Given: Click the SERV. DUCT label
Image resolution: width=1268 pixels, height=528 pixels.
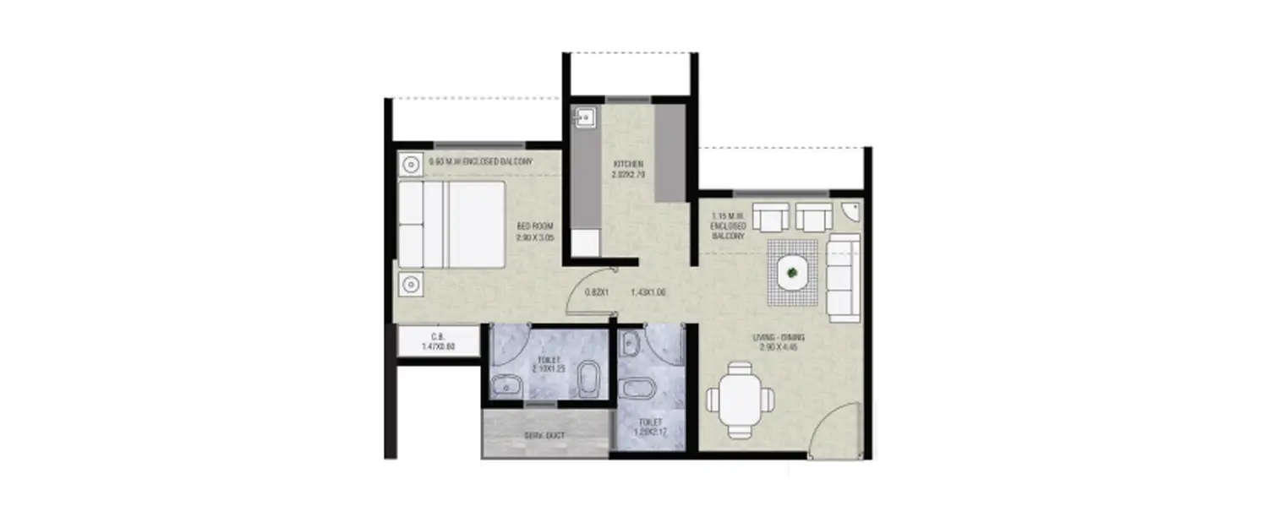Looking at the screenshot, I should (544, 436).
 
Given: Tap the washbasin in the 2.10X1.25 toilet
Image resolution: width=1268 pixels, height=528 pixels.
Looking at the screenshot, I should (508, 384).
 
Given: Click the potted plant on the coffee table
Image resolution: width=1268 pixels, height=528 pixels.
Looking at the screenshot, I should (792, 272).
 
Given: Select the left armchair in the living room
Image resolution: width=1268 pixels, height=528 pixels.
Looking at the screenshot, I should (769, 218).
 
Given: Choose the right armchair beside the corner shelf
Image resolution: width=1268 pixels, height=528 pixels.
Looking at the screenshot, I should (813, 218).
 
